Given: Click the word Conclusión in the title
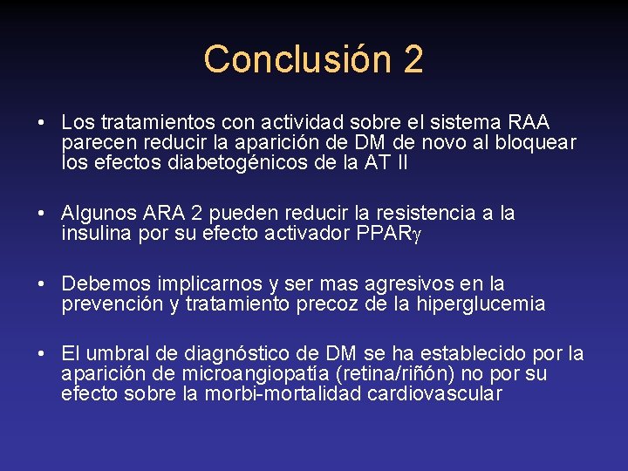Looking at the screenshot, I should pyautogui.click(x=298, y=59).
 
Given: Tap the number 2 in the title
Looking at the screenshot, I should pyautogui.click(x=413, y=59).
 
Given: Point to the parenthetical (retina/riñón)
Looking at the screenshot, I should pyautogui.click(x=394, y=373).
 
